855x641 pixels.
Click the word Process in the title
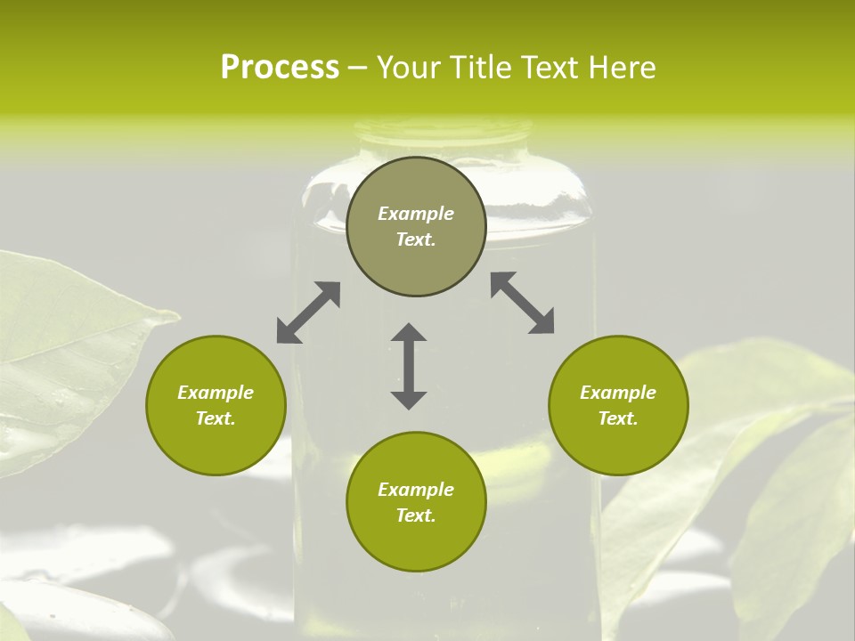tap(280, 68)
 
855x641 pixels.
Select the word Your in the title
tap(411, 68)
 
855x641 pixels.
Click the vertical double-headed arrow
tap(409, 366)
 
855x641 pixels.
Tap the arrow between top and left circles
tap(308, 312)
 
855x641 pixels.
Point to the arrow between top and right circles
tap(522, 303)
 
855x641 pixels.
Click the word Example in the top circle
tap(416, 214)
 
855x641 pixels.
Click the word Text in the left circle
tap(216, 418)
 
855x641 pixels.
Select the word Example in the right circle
tap(618, 393)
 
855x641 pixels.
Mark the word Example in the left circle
tap(216, 393)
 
